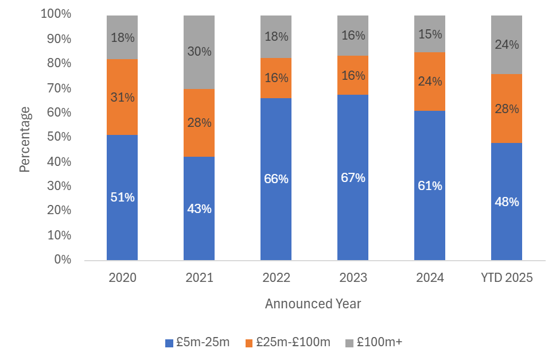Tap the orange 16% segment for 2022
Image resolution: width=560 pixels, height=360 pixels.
pos(276,78)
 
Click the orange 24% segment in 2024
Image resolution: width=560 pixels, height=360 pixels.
pos(430,82)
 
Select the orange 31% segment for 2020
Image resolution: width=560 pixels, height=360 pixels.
pos(122,97)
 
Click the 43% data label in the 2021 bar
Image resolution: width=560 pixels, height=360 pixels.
pos(199,209)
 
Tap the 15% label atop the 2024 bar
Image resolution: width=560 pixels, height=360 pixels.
pos(430,34)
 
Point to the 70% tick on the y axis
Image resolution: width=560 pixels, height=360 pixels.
pos(56,88)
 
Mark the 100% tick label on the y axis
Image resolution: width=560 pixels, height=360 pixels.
pos(56,14)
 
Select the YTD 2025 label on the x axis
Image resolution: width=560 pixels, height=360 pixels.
pos(507,278)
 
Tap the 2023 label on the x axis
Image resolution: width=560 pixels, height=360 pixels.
pos(353,278)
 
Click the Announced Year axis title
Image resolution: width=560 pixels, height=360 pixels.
pos(313,304)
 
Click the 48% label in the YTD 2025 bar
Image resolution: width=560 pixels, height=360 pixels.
pos(507,202)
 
